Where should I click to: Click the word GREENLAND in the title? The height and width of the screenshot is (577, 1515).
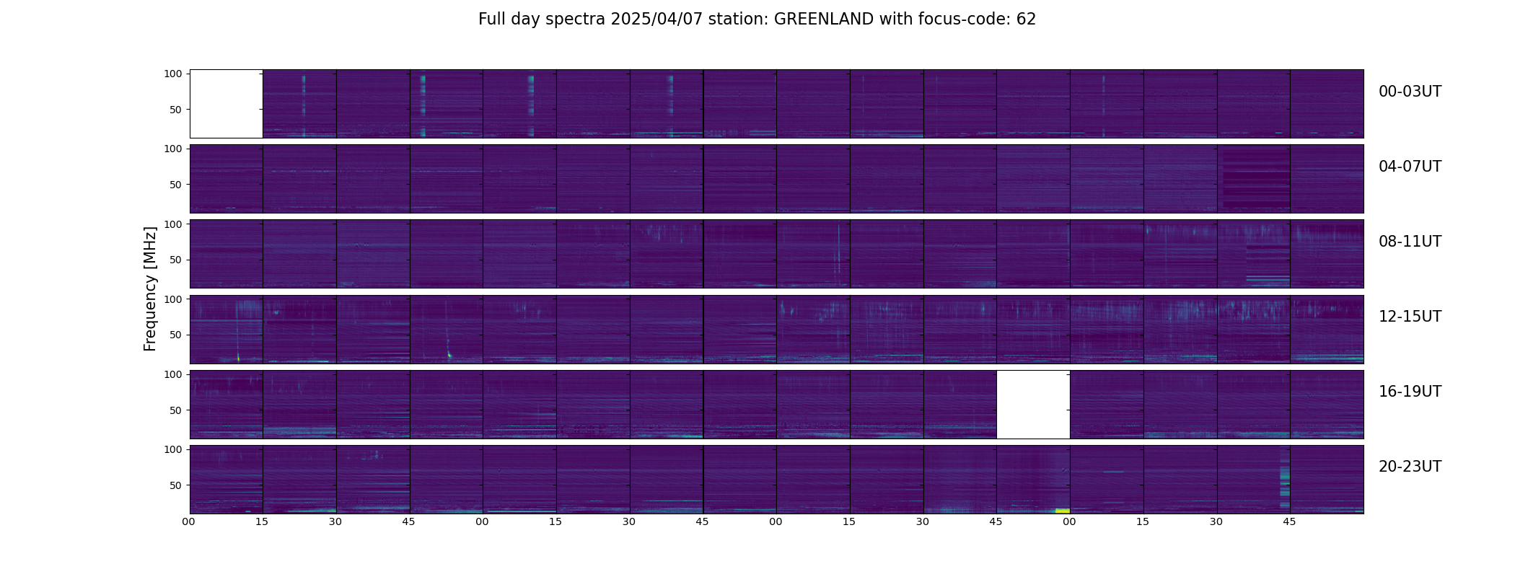[x=824, y=19]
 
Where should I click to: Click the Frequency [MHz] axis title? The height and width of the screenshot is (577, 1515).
[x=150, y=288]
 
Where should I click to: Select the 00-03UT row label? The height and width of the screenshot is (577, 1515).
[x=1410, y=92]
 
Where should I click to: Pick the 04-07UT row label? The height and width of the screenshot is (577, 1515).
[x=1410, y=167]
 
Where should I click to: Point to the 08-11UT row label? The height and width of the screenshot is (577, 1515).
[x=1410, y=242]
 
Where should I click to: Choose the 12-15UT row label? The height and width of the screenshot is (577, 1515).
[x=1410, y=317]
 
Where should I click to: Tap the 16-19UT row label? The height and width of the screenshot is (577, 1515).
[x=1410, y=392]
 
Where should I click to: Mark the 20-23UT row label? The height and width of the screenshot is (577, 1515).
[x=1410, y=467]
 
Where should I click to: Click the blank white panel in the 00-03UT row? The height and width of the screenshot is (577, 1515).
[x=226, y=103]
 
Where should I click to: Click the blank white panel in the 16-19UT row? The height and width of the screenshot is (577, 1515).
[x=1033, y=404]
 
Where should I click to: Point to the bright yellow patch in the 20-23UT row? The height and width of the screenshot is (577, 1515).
[x=1062, y=511]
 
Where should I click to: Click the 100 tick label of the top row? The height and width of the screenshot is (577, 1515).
[x=173, y=74]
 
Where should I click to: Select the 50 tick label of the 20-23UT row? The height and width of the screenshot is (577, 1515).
[x=176, y=485]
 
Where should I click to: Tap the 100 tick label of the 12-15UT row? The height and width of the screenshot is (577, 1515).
[x=173, y=299]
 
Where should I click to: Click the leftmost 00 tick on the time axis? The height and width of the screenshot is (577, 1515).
[x=189, y=521]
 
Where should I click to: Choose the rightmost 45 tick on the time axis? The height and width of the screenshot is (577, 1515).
[x=1289, y=521]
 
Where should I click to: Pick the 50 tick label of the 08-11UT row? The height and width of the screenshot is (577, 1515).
[x=176, y=260]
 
